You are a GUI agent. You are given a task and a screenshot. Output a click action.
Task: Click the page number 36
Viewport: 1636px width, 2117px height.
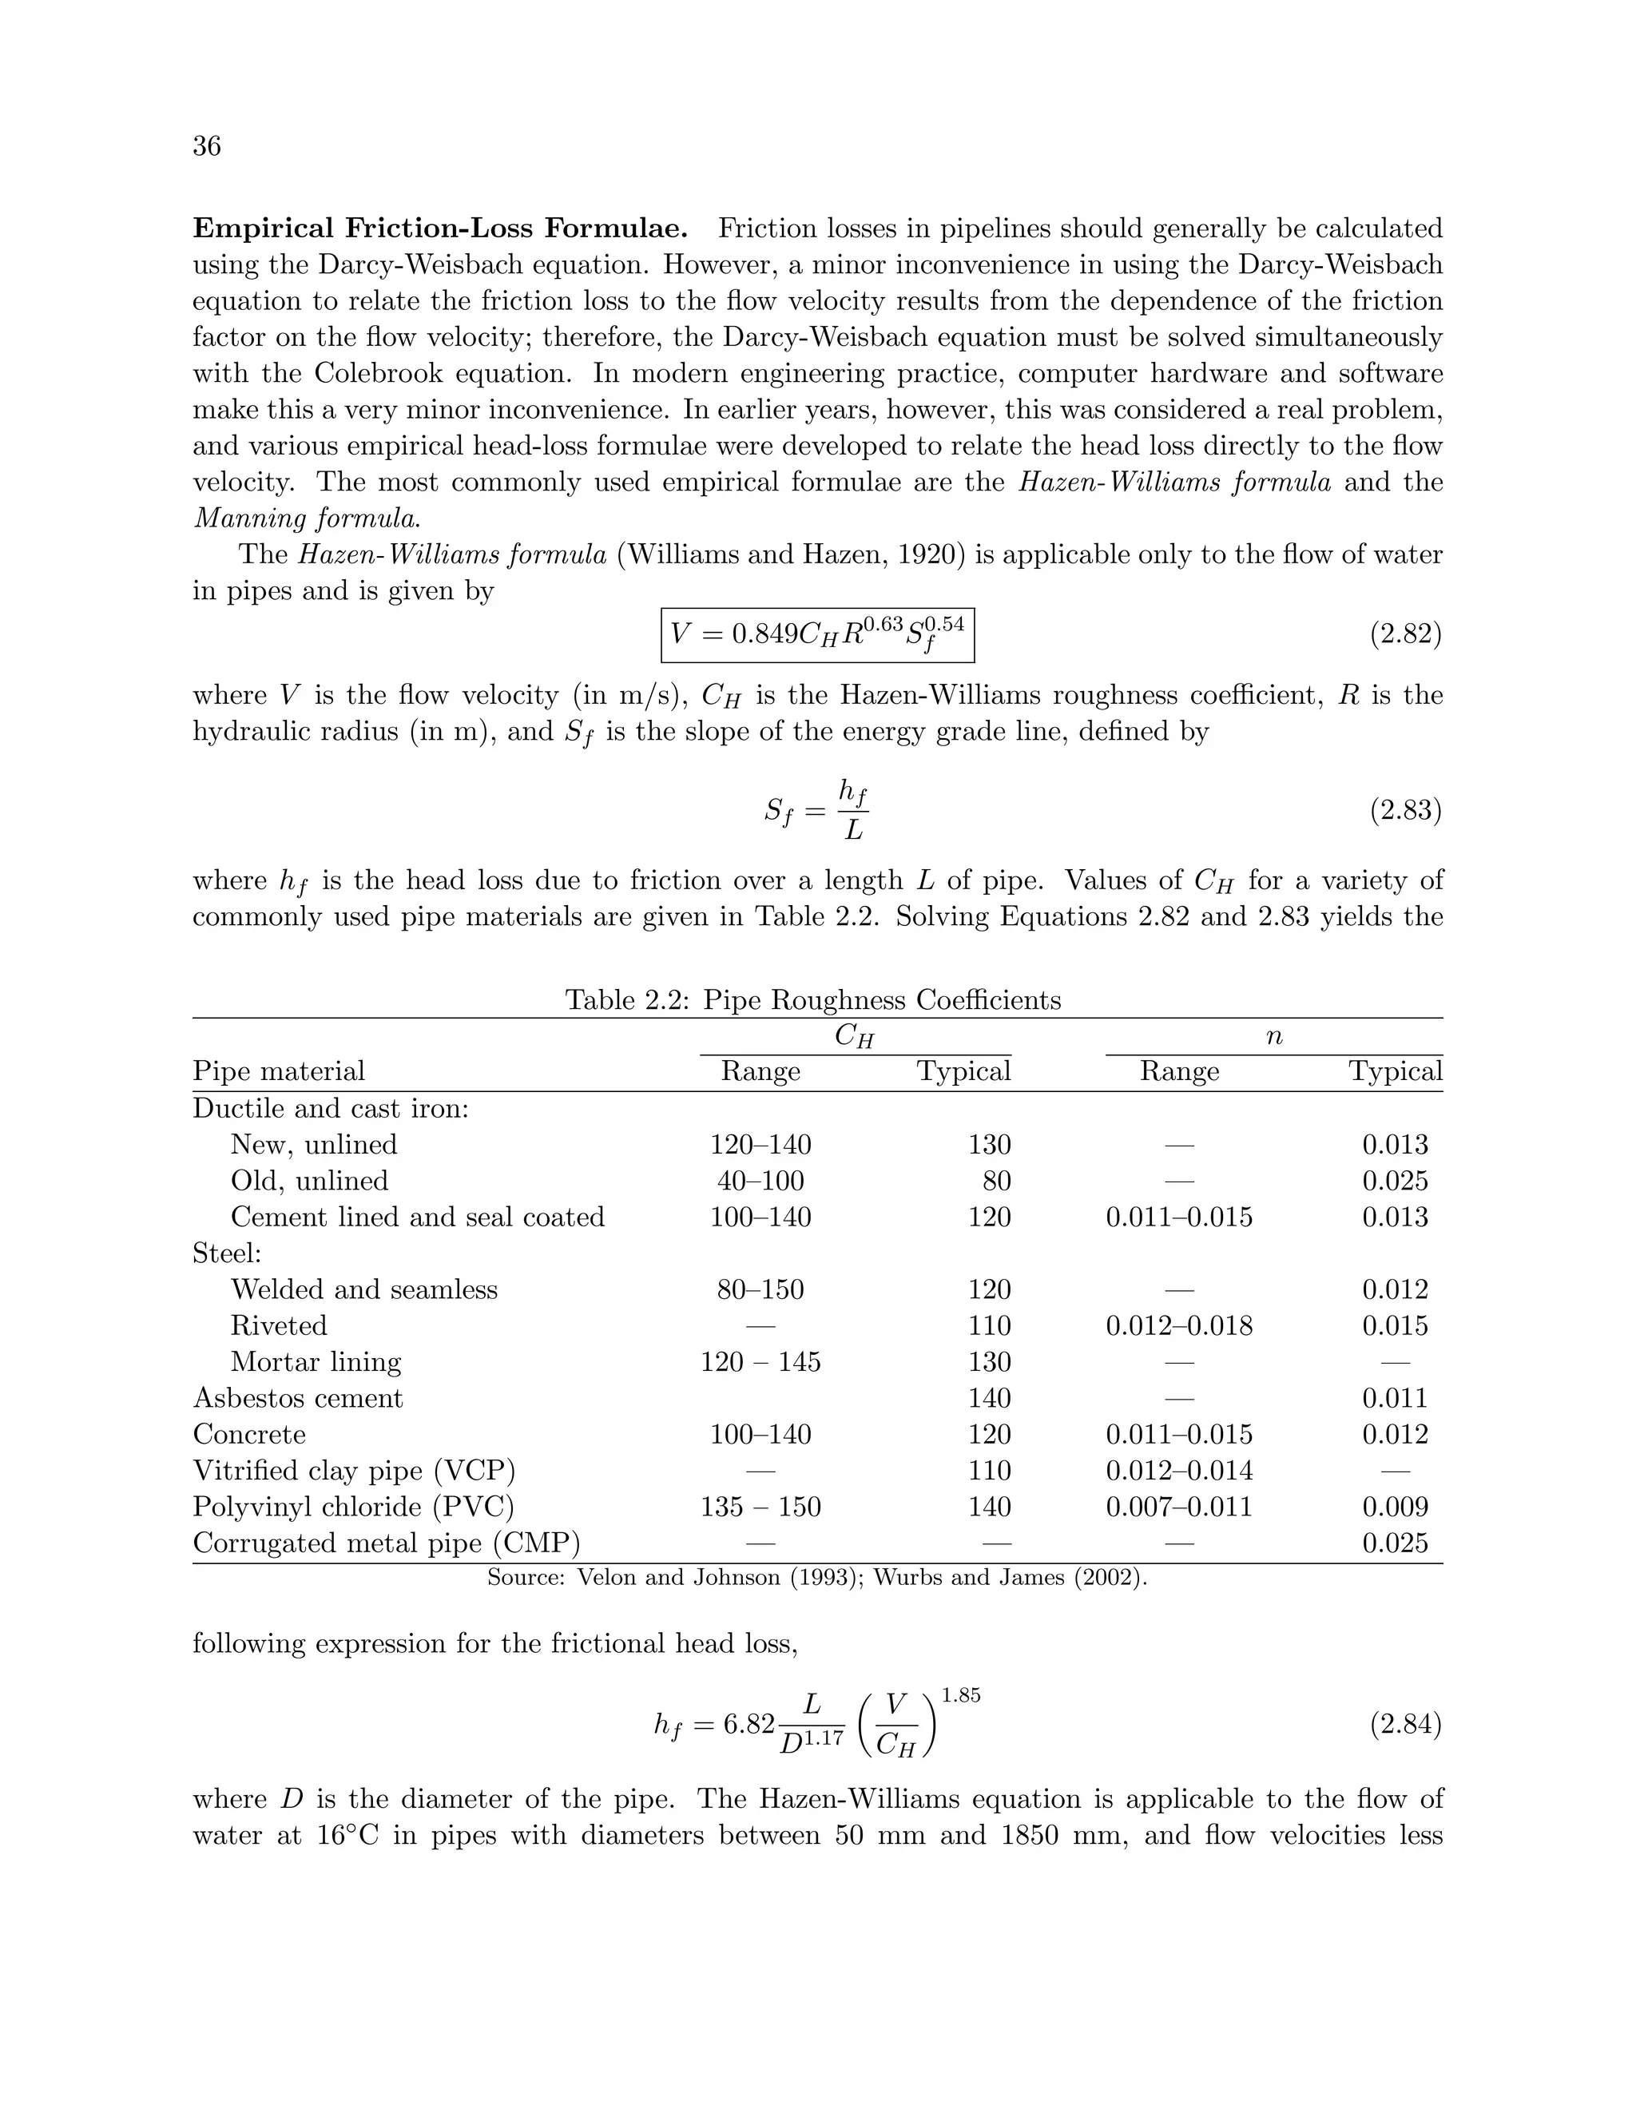click(x=206, y=145)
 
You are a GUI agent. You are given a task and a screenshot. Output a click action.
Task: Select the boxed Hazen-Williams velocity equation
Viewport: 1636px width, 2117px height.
click(x=817, y=634)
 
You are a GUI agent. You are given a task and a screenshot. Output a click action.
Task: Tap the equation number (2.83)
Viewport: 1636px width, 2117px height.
click(x=1404, y=809)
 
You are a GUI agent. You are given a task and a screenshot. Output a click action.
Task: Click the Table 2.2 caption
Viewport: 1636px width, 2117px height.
click(x=813, y=999)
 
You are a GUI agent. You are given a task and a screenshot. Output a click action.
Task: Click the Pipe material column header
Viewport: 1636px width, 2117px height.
click(x=279, y=1071)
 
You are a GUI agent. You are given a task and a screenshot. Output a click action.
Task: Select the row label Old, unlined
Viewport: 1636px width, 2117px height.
click(x=309, y=1181)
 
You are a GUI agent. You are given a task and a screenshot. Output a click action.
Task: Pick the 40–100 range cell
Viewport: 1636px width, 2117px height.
click(x=760, y=1181)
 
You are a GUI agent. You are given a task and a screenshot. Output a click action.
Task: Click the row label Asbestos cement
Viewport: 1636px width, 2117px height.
click(x=297, y=1398)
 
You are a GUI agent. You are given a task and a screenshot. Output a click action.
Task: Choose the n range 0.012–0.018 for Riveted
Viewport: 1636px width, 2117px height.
click(x=1178, y=1325)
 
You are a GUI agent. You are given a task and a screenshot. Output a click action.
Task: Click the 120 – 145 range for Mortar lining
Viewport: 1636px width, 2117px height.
click(x=760, y=1362)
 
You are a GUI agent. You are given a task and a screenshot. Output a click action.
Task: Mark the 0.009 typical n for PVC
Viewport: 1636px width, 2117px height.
click(x=1395, y=1507)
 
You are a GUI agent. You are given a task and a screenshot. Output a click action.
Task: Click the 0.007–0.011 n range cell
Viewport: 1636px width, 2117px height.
click(x=1178, y=1507)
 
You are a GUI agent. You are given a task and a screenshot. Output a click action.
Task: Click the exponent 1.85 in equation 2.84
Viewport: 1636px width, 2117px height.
click(x=960, y=1695)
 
